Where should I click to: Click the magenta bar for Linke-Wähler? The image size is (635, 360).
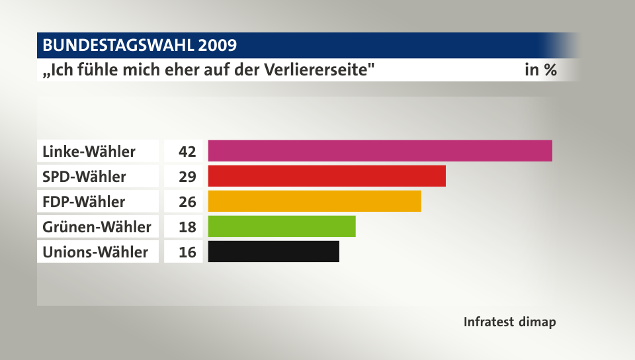(x=380, y=151)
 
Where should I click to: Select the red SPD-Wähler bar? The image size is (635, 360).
(x=327, y=176)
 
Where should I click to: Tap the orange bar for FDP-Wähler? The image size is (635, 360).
(x=314, y=201)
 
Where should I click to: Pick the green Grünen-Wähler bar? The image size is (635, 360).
(x=282, y=226)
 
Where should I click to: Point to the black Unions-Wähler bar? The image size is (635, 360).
(x=273, y=251)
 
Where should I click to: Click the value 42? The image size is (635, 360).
(x=187, y=152)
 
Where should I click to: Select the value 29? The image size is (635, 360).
(x=187, y=177)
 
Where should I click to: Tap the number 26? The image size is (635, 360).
(x=187, y=201)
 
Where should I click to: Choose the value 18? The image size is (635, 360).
(x=187, y=227)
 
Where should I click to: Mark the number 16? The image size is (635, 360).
(x=187, y=252)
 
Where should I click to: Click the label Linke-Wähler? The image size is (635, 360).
(x=89, y=152)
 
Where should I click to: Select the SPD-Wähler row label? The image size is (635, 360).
(x=84, y=177)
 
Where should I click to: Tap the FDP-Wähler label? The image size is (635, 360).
(x=83, y=201)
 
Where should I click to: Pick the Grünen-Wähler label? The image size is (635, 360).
(x=97, y=227)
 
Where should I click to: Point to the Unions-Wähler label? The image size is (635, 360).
(x=95, y=252)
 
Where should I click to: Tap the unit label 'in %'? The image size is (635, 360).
(x=540, y=70)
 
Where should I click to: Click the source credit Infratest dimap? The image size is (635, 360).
(x=509, y=322)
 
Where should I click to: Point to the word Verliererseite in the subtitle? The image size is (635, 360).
(x=316, y=70)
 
